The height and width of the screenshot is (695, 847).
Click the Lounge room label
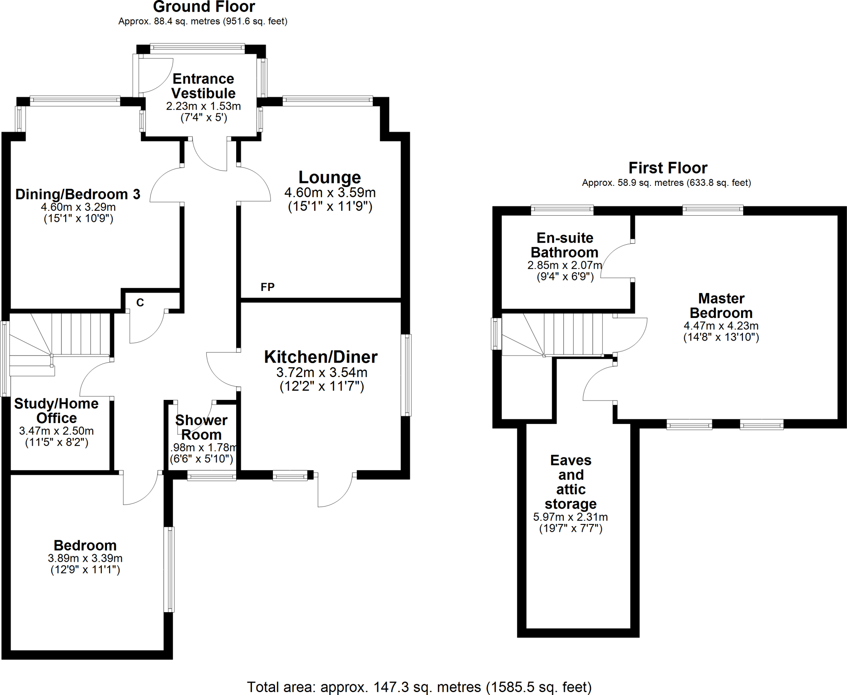point(330,177)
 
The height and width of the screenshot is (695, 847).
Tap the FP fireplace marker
point(268,287)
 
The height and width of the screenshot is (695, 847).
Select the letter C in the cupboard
point(140,303)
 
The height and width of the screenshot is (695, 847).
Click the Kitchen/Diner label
point(321,357)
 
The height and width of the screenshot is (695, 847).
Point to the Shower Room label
point(201,427)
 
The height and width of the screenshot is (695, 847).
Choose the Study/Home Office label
point(56,411)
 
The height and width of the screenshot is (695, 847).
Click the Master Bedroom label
point(721,305)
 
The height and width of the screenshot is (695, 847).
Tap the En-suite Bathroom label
point(565,245)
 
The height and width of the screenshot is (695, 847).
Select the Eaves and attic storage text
point(571,482)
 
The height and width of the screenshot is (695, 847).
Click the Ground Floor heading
point(204,7)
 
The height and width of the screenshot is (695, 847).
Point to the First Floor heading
point(668,168)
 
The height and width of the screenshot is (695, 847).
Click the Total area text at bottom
point(419,687)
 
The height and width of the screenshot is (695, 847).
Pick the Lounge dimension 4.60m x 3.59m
point(330,192)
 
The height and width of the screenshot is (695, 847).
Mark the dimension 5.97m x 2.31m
point(570,517)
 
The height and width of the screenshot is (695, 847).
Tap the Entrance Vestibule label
point(203,86)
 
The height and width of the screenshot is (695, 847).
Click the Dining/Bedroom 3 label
point(78,194)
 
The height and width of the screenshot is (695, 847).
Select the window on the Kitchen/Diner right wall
point(407,375)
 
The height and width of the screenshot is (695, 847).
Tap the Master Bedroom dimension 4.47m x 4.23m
point(721,326)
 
